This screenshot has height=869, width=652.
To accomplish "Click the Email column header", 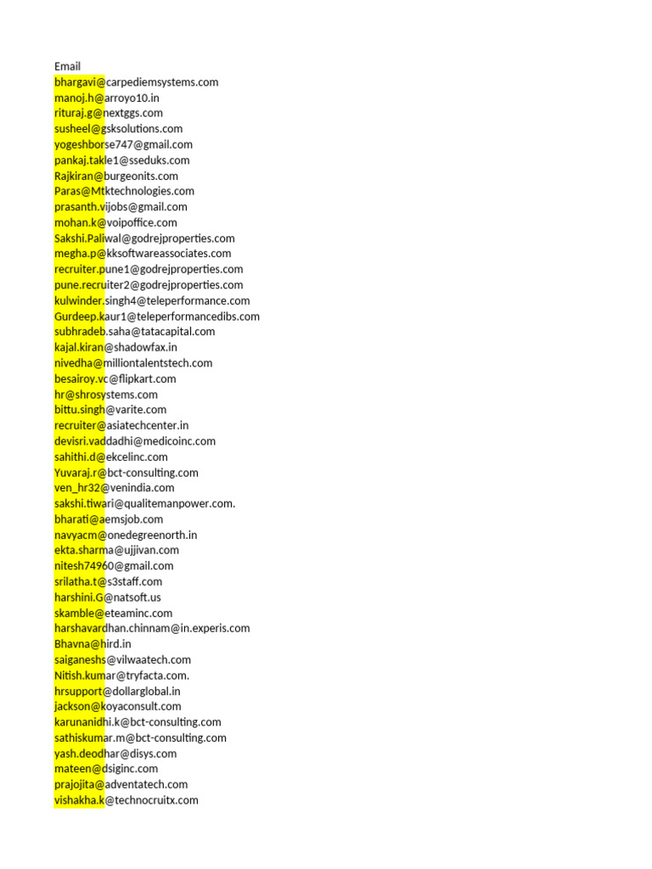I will [x=68, y=66].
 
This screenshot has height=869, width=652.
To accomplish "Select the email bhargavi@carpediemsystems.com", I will [x=136, y=82].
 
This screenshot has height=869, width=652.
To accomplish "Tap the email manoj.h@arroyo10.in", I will [x=107, y=98].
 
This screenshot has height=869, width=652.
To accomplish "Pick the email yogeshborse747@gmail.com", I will [x=123, y=144].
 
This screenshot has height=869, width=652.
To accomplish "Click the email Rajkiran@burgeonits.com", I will [x=116, y=176].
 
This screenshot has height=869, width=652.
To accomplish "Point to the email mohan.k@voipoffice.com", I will [x=115, y=222].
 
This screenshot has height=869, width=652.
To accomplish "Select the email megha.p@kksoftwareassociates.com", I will [x=143, y=253].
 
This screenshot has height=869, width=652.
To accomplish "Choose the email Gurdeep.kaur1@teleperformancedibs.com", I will [x=157, y=316].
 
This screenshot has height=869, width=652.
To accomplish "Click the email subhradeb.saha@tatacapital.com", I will [x=134, y=331].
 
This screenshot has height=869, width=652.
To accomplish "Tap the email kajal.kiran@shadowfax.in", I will [x=115, y=347].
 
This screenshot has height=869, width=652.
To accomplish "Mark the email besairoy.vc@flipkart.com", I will [x=115, y=378].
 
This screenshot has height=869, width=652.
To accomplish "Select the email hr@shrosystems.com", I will [x=106, y=394].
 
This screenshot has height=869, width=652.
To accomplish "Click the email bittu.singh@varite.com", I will [x=110, y=409].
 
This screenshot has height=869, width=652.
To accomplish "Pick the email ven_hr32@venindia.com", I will [x=115, y=487].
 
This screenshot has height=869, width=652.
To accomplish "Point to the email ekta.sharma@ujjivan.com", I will [x=116, y=550].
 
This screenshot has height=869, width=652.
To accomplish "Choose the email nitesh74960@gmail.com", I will [x=114, y=565].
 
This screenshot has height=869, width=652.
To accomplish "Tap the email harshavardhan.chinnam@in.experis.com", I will [x=152, y=628].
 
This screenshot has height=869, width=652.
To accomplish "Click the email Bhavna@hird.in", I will [x=93, y=643].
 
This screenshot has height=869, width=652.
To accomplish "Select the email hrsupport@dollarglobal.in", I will [x=117, y=691].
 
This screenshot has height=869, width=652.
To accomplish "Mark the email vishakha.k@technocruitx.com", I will [x=126, y=799].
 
